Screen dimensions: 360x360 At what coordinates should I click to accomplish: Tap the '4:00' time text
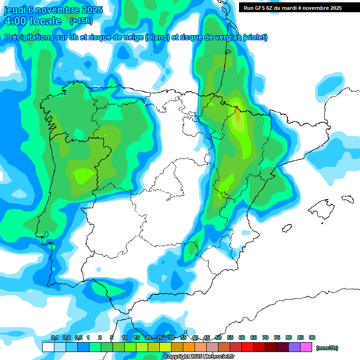[x=15, y=21]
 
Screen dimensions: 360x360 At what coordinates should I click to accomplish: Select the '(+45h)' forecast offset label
[x=81, y=21]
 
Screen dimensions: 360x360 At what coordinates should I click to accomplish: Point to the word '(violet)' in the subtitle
[x=255, y=37]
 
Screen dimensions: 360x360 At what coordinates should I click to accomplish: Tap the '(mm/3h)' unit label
[x=327, y=348]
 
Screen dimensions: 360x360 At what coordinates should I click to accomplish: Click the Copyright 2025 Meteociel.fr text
[x=199, y=357]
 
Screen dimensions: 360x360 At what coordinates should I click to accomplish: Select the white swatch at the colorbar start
[x=48, y=347]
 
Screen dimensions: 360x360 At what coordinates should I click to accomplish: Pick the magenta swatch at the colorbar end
[x=306, y=347]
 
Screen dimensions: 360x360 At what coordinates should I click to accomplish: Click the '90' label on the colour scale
[x=312, y=337]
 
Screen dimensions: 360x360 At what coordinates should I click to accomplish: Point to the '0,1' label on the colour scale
[x=55, y=337]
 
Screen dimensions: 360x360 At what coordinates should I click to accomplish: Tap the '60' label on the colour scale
[x=242, y=337]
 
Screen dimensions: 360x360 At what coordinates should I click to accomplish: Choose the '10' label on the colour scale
[x=125, y=337]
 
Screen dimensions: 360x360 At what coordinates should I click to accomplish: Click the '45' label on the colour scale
[x=207, y=337]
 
